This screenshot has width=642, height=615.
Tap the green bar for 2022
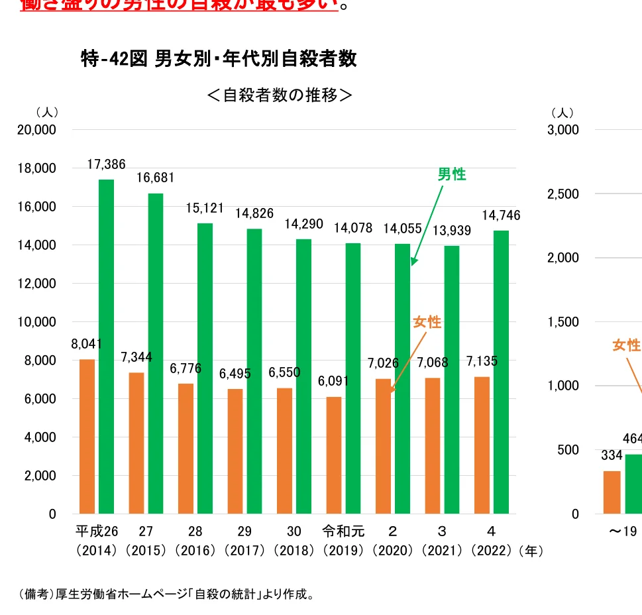tap(501, 372)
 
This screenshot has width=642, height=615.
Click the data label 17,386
tap(106, 164)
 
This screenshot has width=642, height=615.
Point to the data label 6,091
tap(333, 381)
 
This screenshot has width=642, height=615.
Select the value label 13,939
tap(451, 231)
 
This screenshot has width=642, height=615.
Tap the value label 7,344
tap(136, 357)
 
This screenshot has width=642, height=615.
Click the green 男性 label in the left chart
tap(452, 175)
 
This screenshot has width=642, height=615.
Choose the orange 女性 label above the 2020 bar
tap(427, 323)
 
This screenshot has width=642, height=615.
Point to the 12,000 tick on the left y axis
tap(37, 284)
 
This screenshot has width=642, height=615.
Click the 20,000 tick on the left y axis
tap(37, 130)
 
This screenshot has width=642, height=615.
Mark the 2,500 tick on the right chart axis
tap(562, 194)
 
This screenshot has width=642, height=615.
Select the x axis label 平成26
tap(97, 531)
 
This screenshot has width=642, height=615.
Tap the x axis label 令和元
tap(343, 531)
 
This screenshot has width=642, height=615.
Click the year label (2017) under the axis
tap(244, 551)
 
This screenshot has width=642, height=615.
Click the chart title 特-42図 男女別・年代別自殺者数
tap(218, 59)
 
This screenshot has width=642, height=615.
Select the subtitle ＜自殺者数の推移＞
tap(280, 95)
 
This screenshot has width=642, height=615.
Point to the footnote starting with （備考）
tap(166, 594)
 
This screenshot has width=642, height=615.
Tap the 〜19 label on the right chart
tap(623, 531)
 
